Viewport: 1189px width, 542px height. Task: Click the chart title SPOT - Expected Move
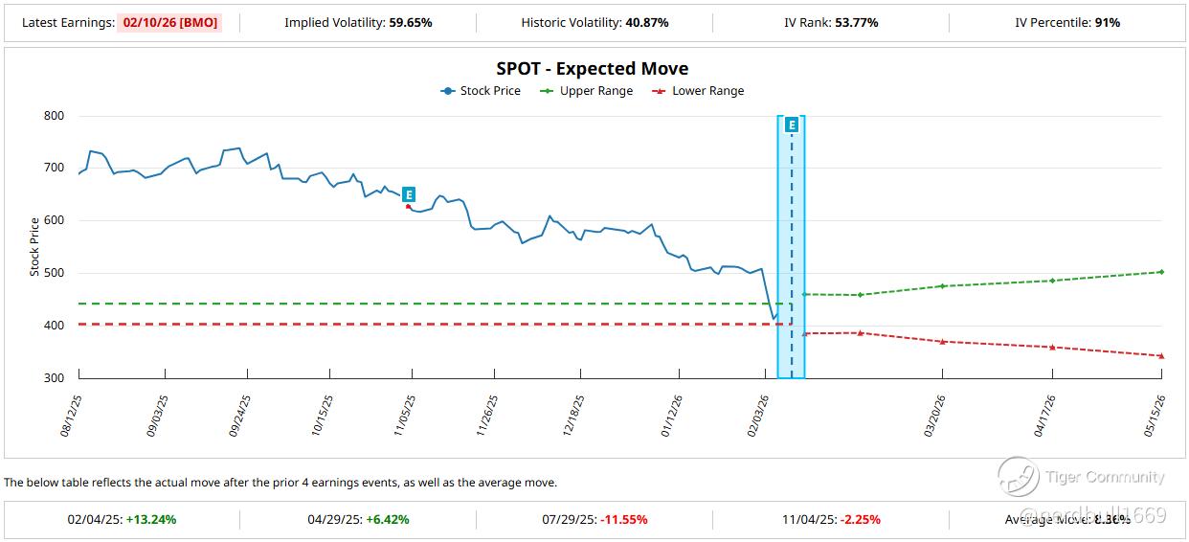point(592,69)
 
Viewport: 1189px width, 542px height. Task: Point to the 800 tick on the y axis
point(53,116)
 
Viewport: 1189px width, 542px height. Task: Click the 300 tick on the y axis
point(53,378)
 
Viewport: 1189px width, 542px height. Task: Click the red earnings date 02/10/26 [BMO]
point(169,22)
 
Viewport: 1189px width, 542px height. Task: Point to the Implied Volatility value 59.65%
point(411,22)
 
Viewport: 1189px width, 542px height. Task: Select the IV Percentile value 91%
point(1107,22)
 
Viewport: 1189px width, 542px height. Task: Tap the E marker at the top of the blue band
point(792,124)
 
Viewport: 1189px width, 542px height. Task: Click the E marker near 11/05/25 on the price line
point(409,194)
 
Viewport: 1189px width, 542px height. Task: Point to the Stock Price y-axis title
point(34,247)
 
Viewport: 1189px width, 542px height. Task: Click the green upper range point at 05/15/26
point(1161,272)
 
